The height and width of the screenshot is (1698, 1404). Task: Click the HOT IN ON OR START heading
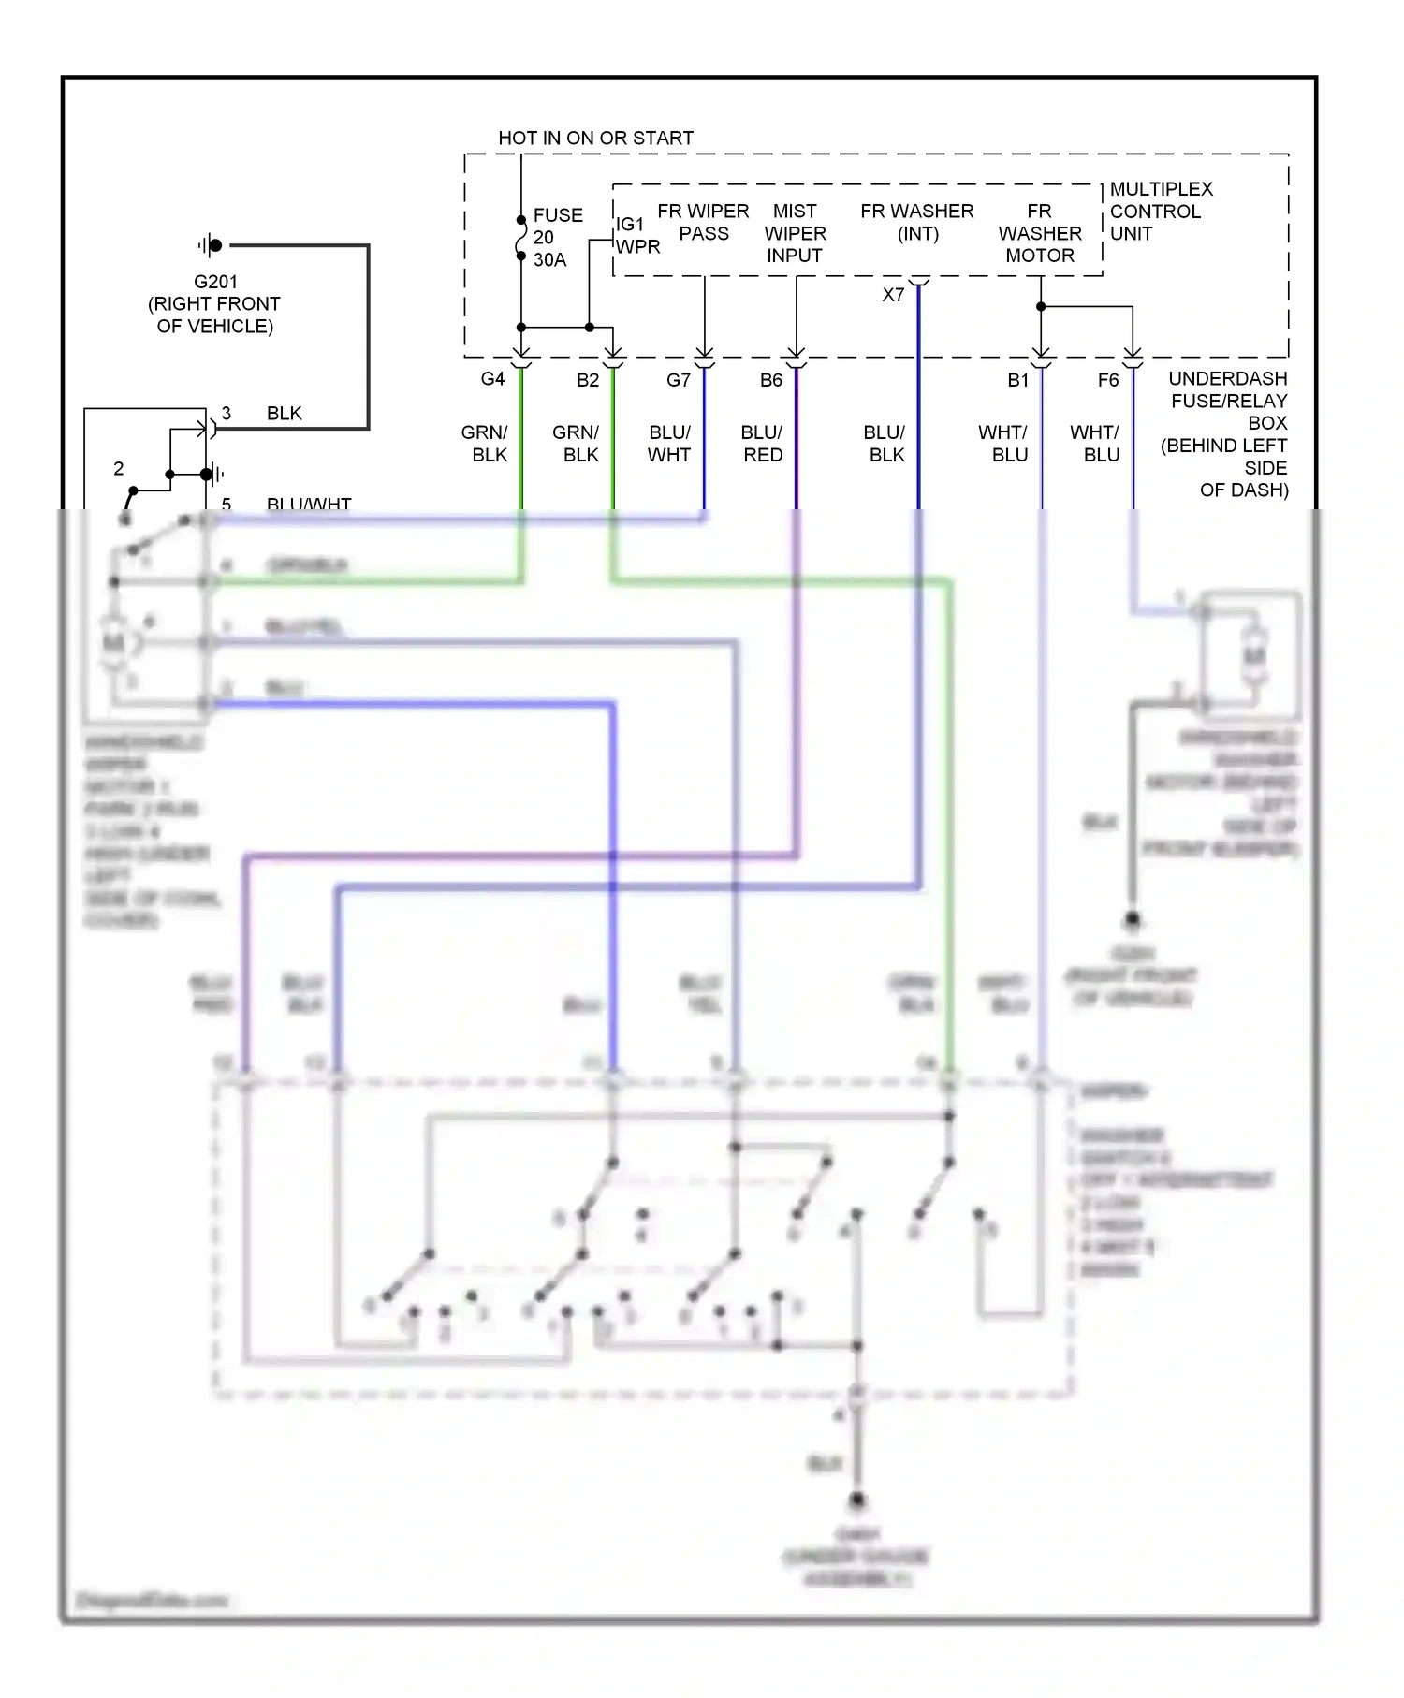595,138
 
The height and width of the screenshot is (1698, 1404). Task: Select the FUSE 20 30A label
557,237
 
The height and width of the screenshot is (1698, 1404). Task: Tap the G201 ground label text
215,303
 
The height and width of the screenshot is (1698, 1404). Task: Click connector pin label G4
492,378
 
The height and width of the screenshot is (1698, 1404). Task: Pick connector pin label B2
587,380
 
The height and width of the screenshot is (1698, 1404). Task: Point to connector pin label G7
678,380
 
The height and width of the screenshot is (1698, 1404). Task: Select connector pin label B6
770,380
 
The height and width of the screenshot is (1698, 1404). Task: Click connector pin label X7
893,295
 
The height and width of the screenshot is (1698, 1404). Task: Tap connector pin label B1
1017,380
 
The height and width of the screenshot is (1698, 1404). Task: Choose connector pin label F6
1107,380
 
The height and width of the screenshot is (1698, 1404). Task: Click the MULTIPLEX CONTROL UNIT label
1160,212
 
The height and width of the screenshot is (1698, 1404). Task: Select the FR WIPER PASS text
703,222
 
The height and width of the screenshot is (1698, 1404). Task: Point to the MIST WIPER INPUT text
795,233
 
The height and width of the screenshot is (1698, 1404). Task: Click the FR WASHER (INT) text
917,222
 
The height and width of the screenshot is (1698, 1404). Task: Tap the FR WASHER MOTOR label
1039,233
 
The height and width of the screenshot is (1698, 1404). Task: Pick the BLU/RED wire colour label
762,444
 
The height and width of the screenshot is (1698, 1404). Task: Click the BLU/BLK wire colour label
885,444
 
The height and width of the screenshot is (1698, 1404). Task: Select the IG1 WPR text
637,235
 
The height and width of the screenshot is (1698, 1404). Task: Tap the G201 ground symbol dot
215,245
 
